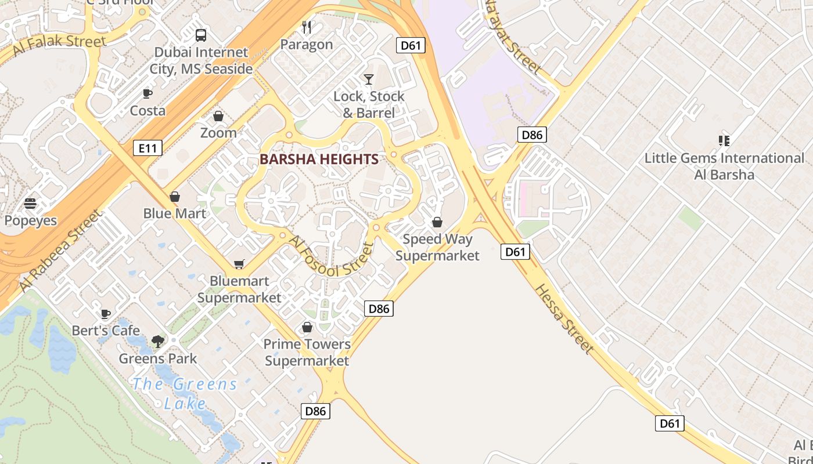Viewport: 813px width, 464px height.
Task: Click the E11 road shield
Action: click(x=148, y=148)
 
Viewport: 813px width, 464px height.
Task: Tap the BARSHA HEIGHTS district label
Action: click(x=319, y=159)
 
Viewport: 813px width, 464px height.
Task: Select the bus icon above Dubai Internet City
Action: click(x=201, y=35)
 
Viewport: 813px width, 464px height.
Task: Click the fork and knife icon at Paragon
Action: click(x=307, y=27)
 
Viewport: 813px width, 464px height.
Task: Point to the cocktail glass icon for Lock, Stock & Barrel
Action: click(x=369, y=79)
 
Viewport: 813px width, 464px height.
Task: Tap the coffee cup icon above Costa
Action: click(x=148, y=93)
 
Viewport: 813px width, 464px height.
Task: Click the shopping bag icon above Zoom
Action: click(x=218, y=116)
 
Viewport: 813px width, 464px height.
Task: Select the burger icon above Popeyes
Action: click(x=30, y=204)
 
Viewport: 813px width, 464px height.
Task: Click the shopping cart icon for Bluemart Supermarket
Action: click(x=239, y=264)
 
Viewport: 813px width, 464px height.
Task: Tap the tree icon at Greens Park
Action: click(x=158, y=342)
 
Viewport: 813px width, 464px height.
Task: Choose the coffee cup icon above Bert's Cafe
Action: click(x=105, y=314)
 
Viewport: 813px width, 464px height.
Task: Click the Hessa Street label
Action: click(x=564, y=319)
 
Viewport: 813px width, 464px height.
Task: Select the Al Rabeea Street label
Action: click(x=59, y=251)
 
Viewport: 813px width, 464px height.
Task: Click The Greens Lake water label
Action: click(x=185, y=393)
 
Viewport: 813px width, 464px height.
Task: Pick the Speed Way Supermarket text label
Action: click(x=437, y=247)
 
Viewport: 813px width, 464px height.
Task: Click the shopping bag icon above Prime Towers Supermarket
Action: click(x=307, y=328)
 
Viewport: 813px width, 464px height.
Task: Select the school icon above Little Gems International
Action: click(x=724, y=140)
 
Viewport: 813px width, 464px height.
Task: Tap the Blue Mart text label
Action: click(x=174, y=213)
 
